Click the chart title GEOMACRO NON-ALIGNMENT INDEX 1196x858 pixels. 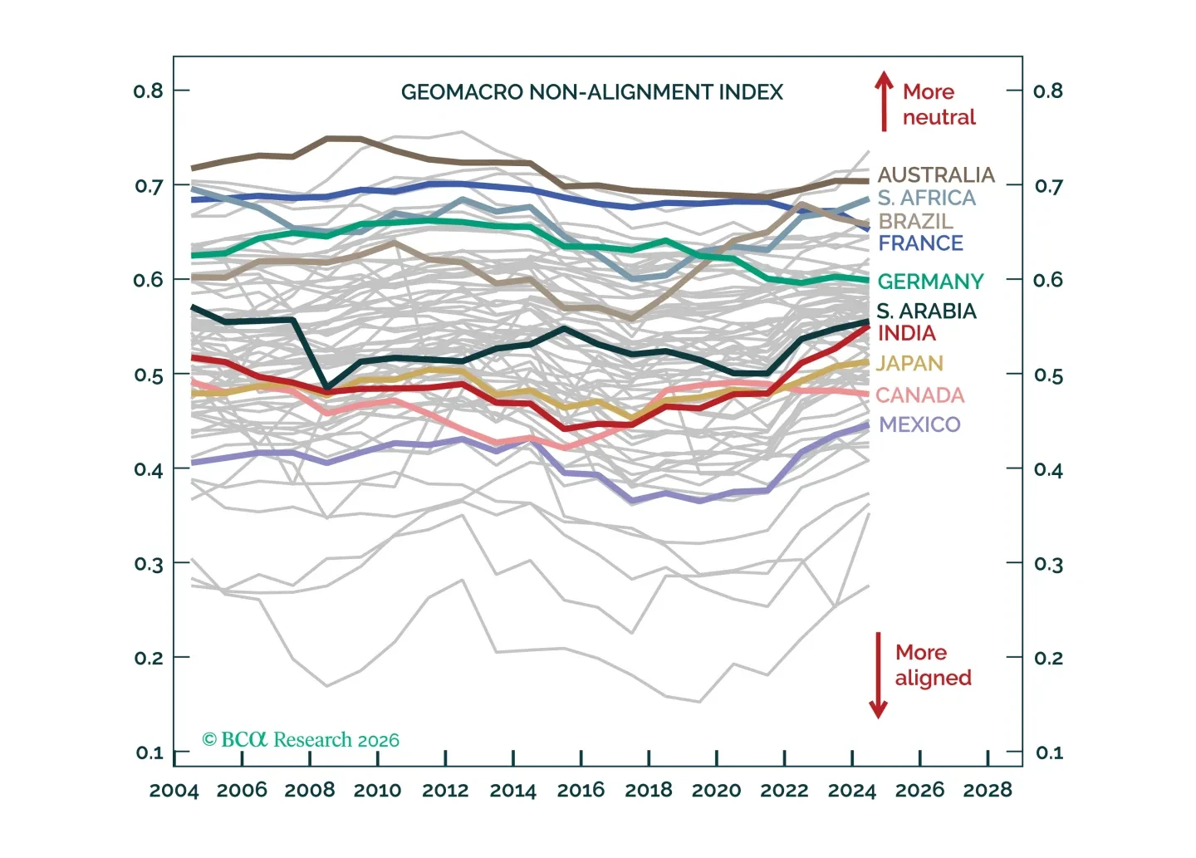point(591,92)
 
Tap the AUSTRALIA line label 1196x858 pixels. point(936,174)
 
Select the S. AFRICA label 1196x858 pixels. point(926,198)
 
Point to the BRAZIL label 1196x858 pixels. point(915,220)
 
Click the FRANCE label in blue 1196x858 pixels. point(920,243)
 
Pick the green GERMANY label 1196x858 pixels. point(930,282)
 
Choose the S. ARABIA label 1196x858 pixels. point(926,311)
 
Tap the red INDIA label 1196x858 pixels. point(907,333)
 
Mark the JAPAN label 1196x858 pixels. point(909,364)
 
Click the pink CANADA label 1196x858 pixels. point(920,395)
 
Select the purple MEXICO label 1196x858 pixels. point(919,424)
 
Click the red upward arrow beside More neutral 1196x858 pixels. point(884,101)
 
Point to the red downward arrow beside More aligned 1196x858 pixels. point(878,675)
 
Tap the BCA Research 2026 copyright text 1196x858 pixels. point(301,739)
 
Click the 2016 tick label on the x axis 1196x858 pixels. point(581,790)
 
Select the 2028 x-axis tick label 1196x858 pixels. point(988,790)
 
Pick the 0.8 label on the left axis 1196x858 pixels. point(149,91)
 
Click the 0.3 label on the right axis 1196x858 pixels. point(1049,564)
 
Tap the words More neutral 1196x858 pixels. point(939,104)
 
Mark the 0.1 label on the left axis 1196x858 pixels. point(149,753)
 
